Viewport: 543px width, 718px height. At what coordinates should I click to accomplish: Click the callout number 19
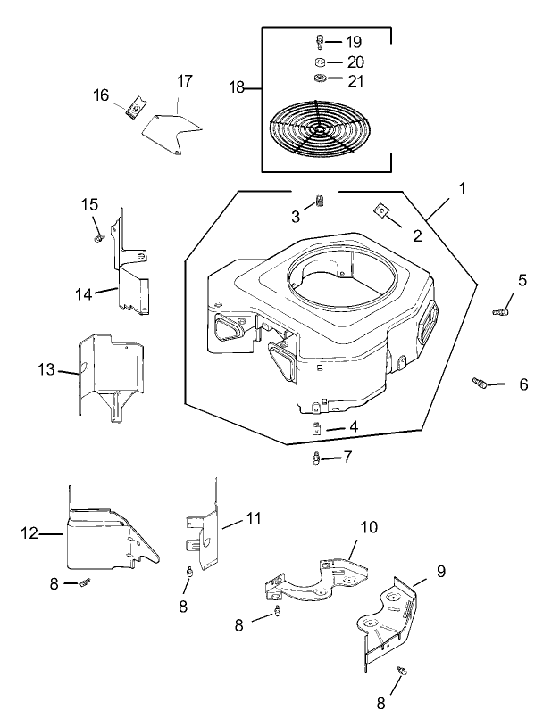coord(354,42)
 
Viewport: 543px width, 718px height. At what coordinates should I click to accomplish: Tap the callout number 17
coord(184,81)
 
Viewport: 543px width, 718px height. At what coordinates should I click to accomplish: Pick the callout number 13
coord(46,369)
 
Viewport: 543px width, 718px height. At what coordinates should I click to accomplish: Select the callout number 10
coord(369,528)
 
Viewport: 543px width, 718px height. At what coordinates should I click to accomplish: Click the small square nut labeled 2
coord(380,210)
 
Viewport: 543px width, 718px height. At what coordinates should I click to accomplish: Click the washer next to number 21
coord(320,80)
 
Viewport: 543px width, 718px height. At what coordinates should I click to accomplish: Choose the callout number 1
coord(463,188)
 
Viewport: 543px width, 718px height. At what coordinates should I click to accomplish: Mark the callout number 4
coord(354,428)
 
